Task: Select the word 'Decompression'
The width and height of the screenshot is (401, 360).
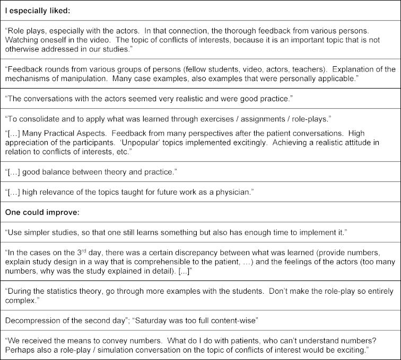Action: click(x=30, y=320)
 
